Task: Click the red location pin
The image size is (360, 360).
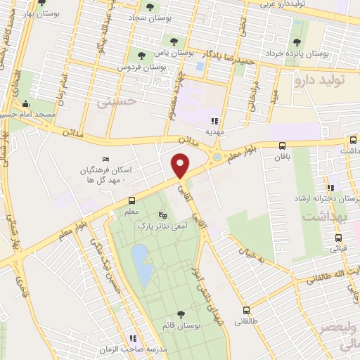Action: (x=181, y=166)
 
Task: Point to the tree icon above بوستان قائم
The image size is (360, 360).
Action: (x=181, y=314)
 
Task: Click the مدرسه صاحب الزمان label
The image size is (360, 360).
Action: (x=166, y=349)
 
